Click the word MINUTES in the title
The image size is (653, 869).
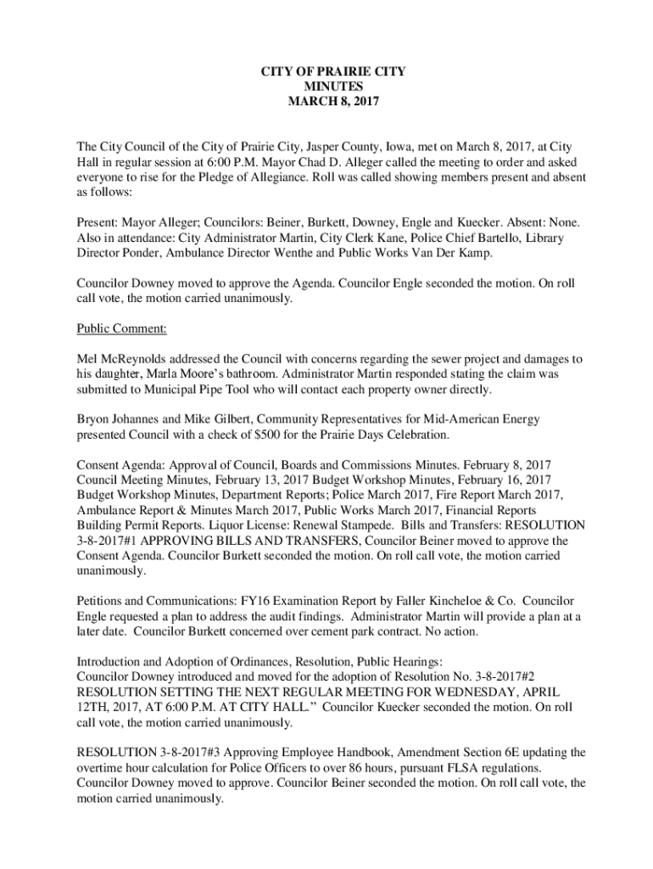tap(332, 87)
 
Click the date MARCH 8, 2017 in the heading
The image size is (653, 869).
tap(332, 102)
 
